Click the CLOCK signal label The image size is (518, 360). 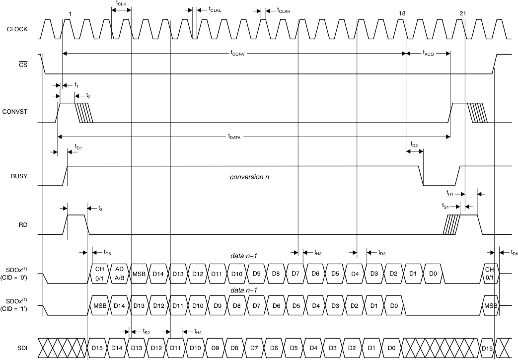17,29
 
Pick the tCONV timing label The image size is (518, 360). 238,54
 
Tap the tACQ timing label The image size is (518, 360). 428,54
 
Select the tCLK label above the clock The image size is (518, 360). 121,2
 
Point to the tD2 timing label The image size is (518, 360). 414,144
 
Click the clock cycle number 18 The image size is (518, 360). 401,13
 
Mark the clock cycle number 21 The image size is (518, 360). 462,13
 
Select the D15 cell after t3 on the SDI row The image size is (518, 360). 97,348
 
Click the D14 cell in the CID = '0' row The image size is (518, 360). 158,274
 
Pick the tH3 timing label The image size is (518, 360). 318,253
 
